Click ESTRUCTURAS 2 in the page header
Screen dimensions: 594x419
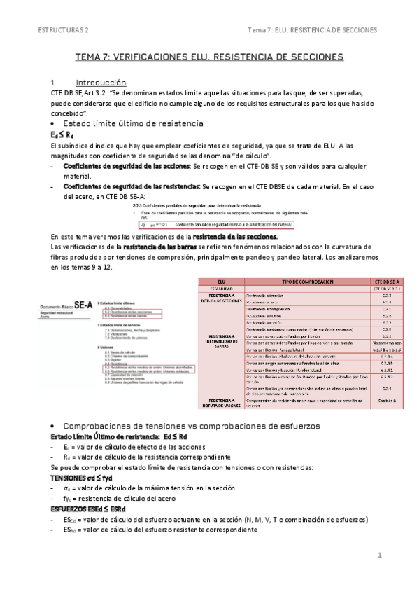(63, 30)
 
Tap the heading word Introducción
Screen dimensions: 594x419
(101, 82)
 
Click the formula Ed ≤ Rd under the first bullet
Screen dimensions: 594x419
(62, 134)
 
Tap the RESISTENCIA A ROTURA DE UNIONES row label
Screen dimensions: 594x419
(221, 402)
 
